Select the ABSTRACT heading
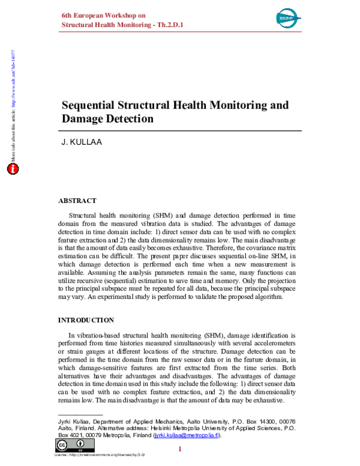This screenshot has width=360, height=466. point(77,201)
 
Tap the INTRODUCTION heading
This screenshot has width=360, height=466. point(86,319)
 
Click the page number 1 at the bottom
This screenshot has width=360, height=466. point(180,450)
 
